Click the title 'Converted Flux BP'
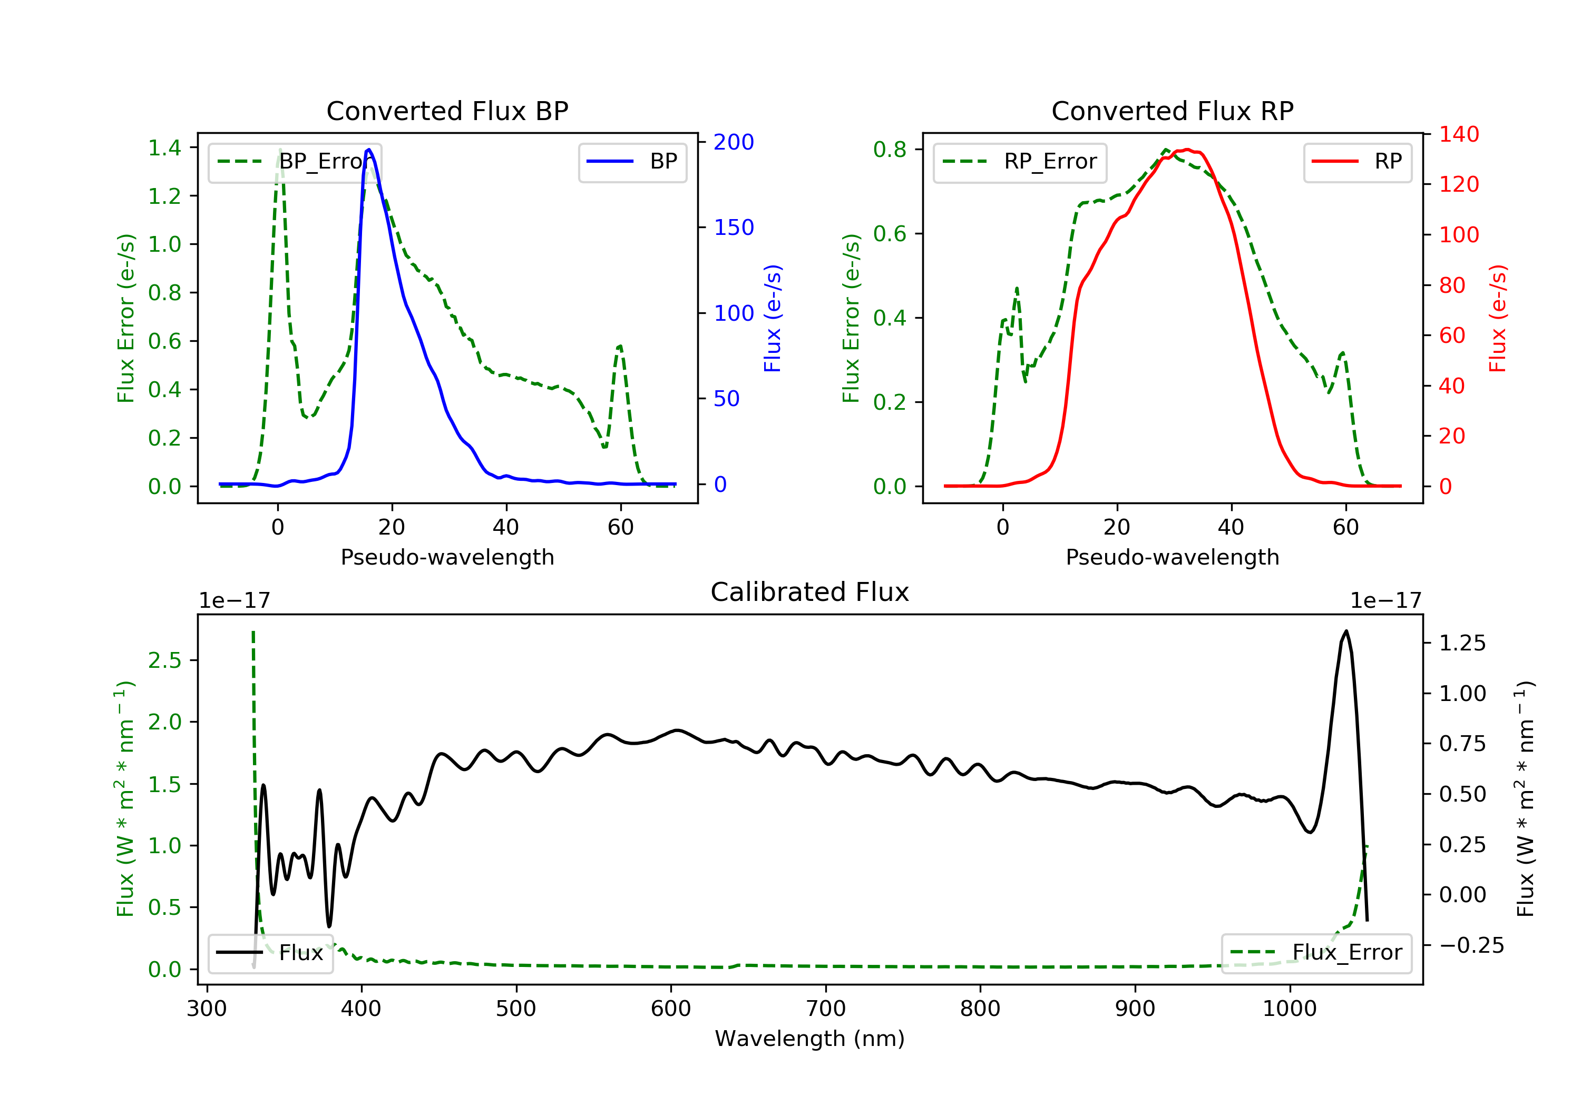447,111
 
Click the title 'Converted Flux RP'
1173,111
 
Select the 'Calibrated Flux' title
810,592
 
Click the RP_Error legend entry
1020,162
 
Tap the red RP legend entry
1357,162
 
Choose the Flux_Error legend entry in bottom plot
1316,953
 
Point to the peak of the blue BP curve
369,150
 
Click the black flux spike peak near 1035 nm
1345,630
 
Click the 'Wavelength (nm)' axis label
810,1039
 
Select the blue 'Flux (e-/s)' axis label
773,318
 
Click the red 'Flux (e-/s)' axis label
1498,318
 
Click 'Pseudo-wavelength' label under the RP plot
1173,557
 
